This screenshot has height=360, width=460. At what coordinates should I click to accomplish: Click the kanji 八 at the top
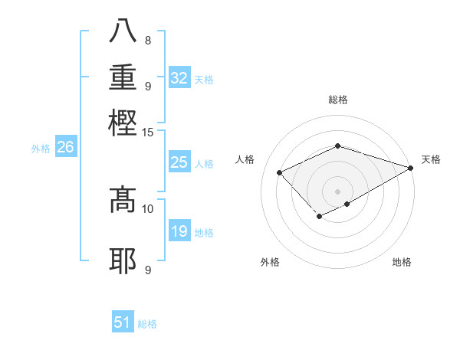123,31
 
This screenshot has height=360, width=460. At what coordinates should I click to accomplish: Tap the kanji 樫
123,122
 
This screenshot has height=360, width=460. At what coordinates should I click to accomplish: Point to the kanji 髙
123,200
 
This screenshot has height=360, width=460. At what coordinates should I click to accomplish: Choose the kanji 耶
123,261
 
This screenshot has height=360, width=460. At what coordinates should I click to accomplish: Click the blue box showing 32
179,78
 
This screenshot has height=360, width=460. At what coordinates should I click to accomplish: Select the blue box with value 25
179,162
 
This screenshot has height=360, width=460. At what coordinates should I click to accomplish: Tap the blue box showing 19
179,231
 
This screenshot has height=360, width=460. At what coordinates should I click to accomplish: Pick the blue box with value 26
65,148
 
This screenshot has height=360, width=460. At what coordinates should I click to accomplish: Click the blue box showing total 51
123,322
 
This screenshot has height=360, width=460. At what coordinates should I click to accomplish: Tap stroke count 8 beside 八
147,41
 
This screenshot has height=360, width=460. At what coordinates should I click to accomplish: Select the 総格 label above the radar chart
337,100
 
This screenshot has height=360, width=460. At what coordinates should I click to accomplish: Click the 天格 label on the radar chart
431,159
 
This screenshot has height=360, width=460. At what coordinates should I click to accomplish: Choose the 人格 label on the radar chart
245,159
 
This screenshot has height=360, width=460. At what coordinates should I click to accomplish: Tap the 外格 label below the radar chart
269,263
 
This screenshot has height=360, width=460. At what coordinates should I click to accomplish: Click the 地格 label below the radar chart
402,263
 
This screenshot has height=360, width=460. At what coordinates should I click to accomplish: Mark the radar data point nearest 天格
410,168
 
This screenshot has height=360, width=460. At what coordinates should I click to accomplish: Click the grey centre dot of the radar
337,191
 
